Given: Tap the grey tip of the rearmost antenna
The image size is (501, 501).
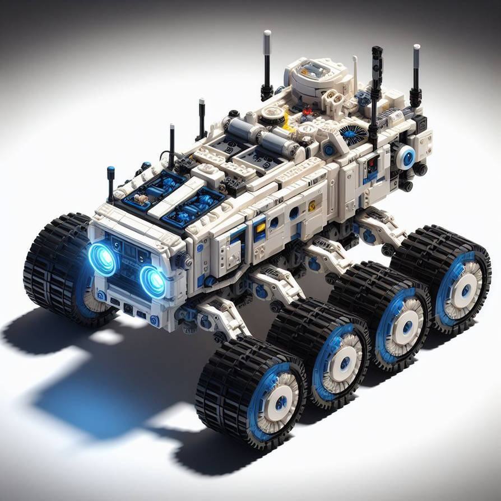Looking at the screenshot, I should coord(416,52).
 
